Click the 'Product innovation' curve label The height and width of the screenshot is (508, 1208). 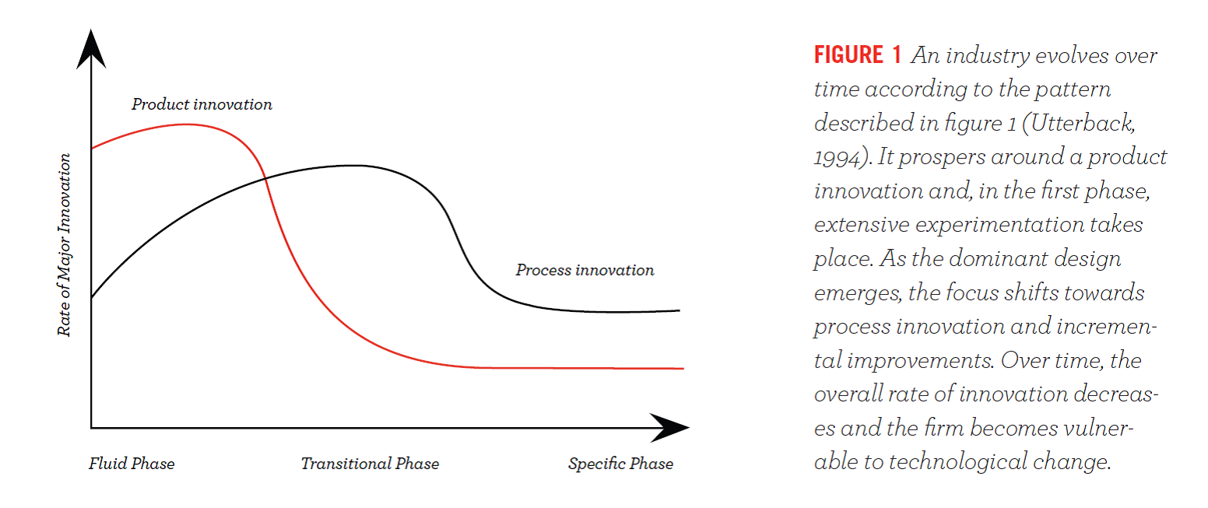pos(202,104)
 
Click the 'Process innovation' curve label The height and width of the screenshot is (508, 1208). pos(585,270)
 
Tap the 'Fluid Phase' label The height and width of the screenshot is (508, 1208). pos(132,463)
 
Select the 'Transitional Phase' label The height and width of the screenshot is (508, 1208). pos(370,463)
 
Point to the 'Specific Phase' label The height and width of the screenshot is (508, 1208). pos(620,463)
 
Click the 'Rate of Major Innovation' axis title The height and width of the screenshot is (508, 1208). pos(64,245)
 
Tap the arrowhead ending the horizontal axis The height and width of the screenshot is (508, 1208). pos(669,428)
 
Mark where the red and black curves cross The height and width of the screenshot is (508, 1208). pos(265,178)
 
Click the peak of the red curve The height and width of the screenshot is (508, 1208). pos(186,124)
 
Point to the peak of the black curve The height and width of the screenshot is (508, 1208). pos(353,166)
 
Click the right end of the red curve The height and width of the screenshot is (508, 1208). pos(683,368)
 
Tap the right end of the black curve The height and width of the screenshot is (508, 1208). pos(679,310)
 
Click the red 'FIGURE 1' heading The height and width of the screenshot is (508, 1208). pos(858,55)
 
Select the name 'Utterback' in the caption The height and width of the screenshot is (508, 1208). pos(1083,123)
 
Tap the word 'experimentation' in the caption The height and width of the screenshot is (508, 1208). pos(999,225)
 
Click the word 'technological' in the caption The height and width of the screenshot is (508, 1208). pos(958,461)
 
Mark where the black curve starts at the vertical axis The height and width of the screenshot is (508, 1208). pos(92,297)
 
